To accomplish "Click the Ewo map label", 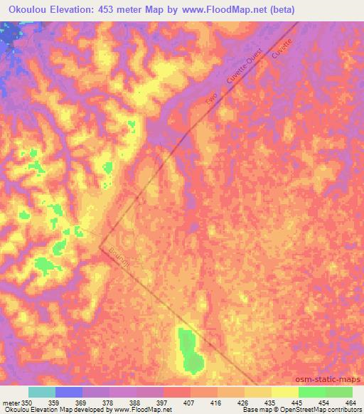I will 210,100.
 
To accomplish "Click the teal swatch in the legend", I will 42,392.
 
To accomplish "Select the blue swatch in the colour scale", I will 69,392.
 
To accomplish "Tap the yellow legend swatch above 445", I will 284,392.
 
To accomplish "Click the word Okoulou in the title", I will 28,10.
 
